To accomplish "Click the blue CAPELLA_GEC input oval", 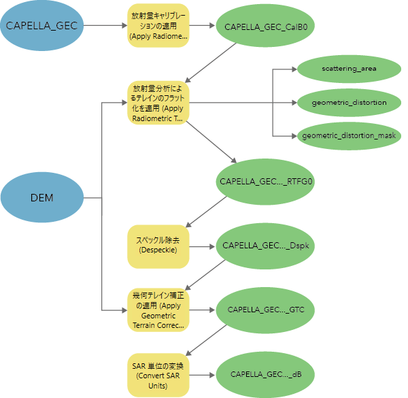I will coord(41,26).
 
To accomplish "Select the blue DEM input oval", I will coord(41,198).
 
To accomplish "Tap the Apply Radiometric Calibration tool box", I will coord(158,26).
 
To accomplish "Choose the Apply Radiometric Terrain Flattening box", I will coord(158,103).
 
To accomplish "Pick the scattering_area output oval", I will coord(349,69).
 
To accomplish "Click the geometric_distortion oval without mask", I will coord(349,103).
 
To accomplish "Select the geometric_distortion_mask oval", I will coord(349,136).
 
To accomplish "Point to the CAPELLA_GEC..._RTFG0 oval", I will coord(266,182).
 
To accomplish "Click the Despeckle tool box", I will coord(158,246).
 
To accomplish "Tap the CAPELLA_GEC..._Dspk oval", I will coord(266,245).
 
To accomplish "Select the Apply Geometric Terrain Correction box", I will coord(158,310).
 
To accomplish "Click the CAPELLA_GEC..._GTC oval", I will coord(266,310).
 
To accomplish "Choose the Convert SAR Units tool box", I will coord(158,374).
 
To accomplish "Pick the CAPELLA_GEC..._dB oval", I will coord(266,374).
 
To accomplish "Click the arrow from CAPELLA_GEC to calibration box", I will coord(104,26).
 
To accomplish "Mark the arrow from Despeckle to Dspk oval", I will coord(201,246).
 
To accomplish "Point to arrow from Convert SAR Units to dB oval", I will coord(201,374).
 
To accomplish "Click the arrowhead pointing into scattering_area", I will coord(292,69).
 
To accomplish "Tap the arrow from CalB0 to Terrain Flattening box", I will coord(211,63).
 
